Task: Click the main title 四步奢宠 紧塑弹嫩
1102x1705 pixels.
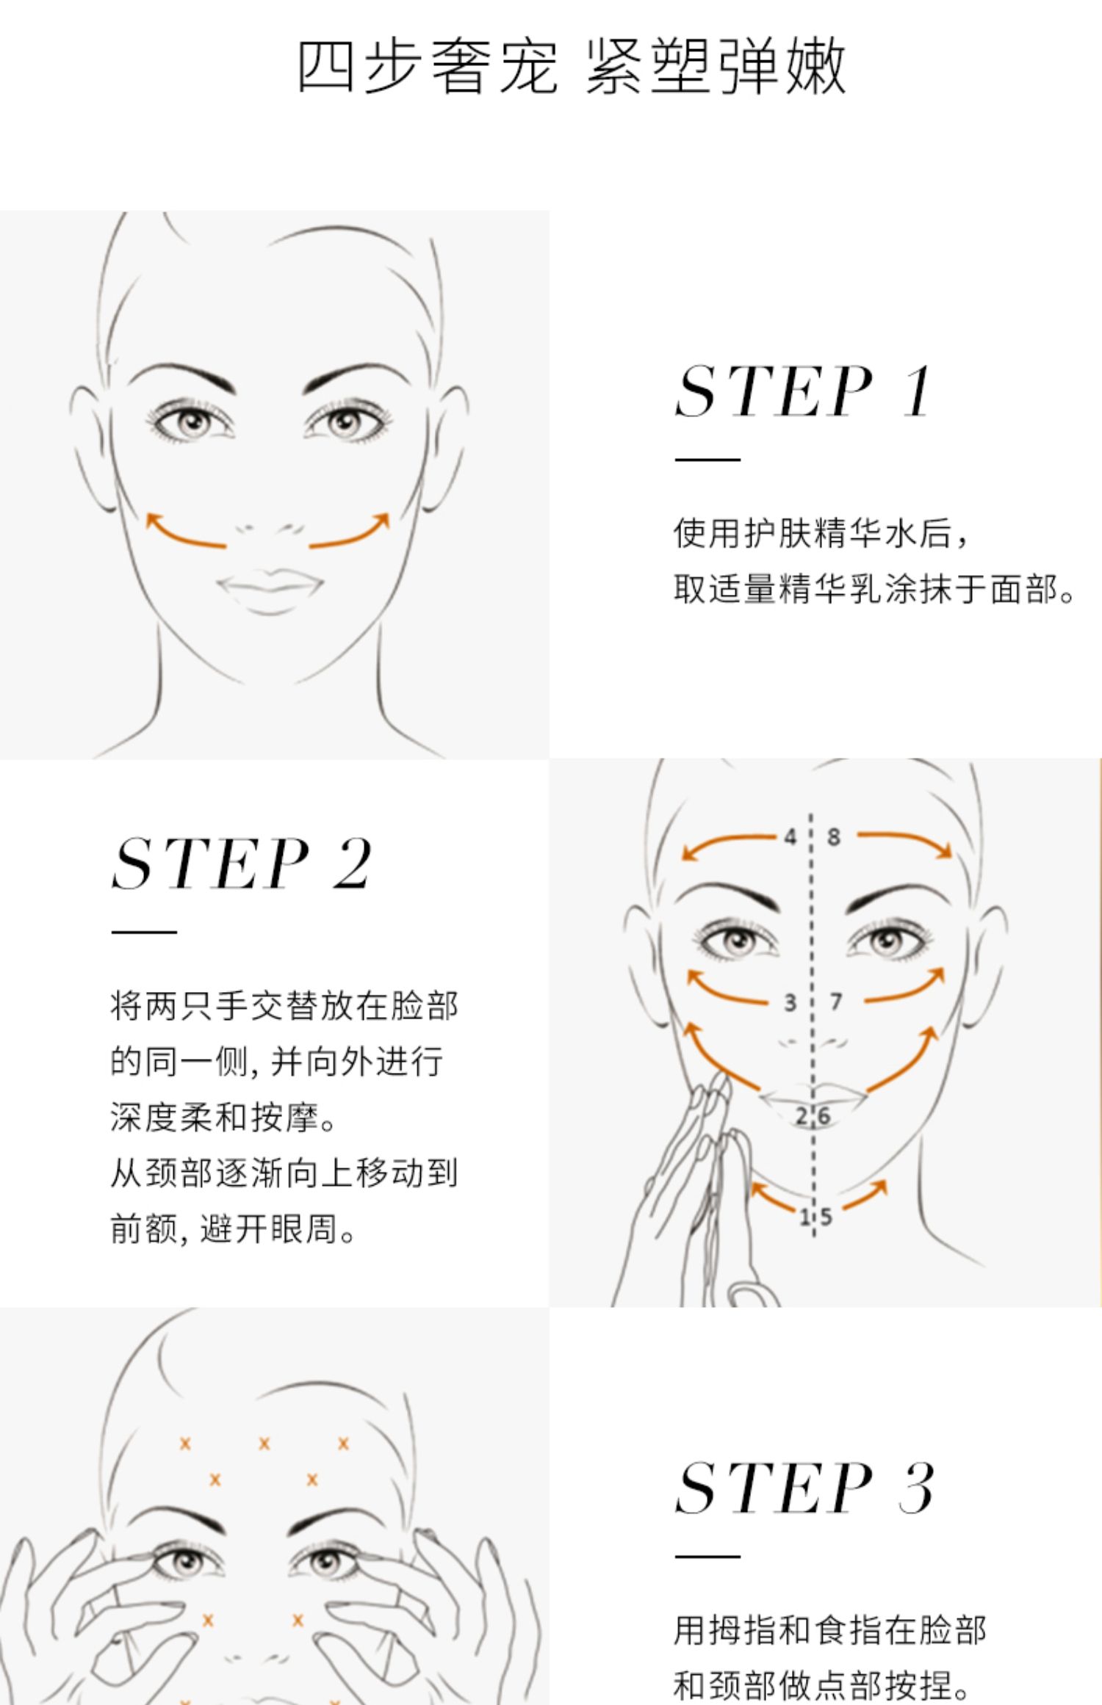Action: point(572,67)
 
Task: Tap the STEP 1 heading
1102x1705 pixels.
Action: point(804,391)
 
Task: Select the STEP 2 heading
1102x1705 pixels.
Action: point(242,864)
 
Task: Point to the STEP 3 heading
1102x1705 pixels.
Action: point(804,1488)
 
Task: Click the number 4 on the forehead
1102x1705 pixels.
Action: point(790,836)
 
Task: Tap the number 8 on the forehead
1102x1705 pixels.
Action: point(833,836)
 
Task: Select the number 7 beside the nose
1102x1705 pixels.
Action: point(835,1001)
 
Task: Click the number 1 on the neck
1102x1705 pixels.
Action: point(804,1217)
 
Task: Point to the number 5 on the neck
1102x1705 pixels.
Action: point(826,1217)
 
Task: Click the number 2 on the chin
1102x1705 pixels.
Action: point(802,1116)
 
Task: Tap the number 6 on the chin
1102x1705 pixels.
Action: point(824,1116)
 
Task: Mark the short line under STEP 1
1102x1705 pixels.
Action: point(707,460)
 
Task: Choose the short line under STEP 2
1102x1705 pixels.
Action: point(144,932)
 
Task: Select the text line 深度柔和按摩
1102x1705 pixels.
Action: point(223,1117)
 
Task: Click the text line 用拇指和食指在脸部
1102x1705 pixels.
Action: point(830,1631)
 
